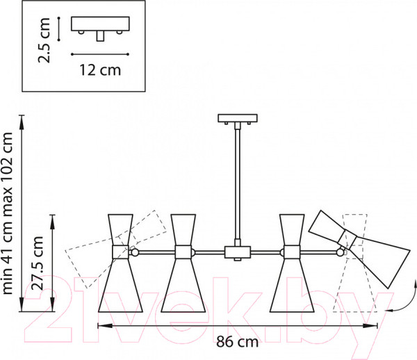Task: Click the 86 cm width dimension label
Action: click(237, 342)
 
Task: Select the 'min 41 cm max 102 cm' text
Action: click(7, 213)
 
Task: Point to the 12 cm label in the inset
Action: click(100, 70)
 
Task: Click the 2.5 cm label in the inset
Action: click(44, 40)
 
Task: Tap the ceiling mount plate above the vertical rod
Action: click(238, 118)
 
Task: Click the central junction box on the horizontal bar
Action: click(238, 252)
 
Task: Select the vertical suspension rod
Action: click(238, 184)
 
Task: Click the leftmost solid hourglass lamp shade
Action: click(120, 263)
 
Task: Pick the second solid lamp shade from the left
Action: click(183, 263)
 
